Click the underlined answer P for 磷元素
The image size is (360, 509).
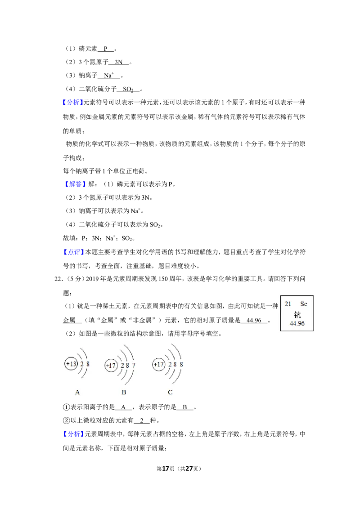[x=106, y=49]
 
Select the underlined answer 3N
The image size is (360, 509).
[x=119, y=62]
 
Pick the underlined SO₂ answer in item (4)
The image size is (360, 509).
[x=128, y=89]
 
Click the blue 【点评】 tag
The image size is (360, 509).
[x=72, y=252]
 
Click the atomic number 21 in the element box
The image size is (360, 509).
[x=288, y=304]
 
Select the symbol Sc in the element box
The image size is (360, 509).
[x=303, y=304]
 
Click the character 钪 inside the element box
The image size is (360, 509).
[x=297, y=314]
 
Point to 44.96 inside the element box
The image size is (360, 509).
[x=297, y=323]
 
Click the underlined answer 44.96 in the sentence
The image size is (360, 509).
[x=254, y=321]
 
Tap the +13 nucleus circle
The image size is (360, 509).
[x=71, y=364]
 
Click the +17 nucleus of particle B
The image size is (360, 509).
[x=111, y=366]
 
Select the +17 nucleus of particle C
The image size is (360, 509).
[x=158, y=365]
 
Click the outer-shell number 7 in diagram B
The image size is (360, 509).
[x=134, y=366]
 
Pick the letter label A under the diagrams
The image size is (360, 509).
[x=77, y=392]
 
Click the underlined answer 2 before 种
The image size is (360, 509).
[x=142, y=420]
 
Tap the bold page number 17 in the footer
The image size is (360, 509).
[x=166, y=469]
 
